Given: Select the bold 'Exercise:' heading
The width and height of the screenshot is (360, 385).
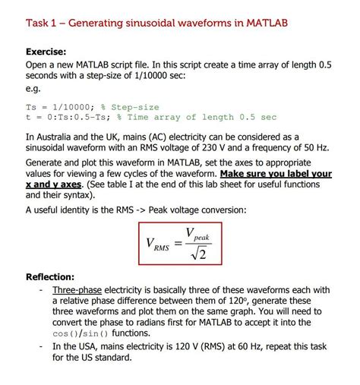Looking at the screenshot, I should click(52, 52).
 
